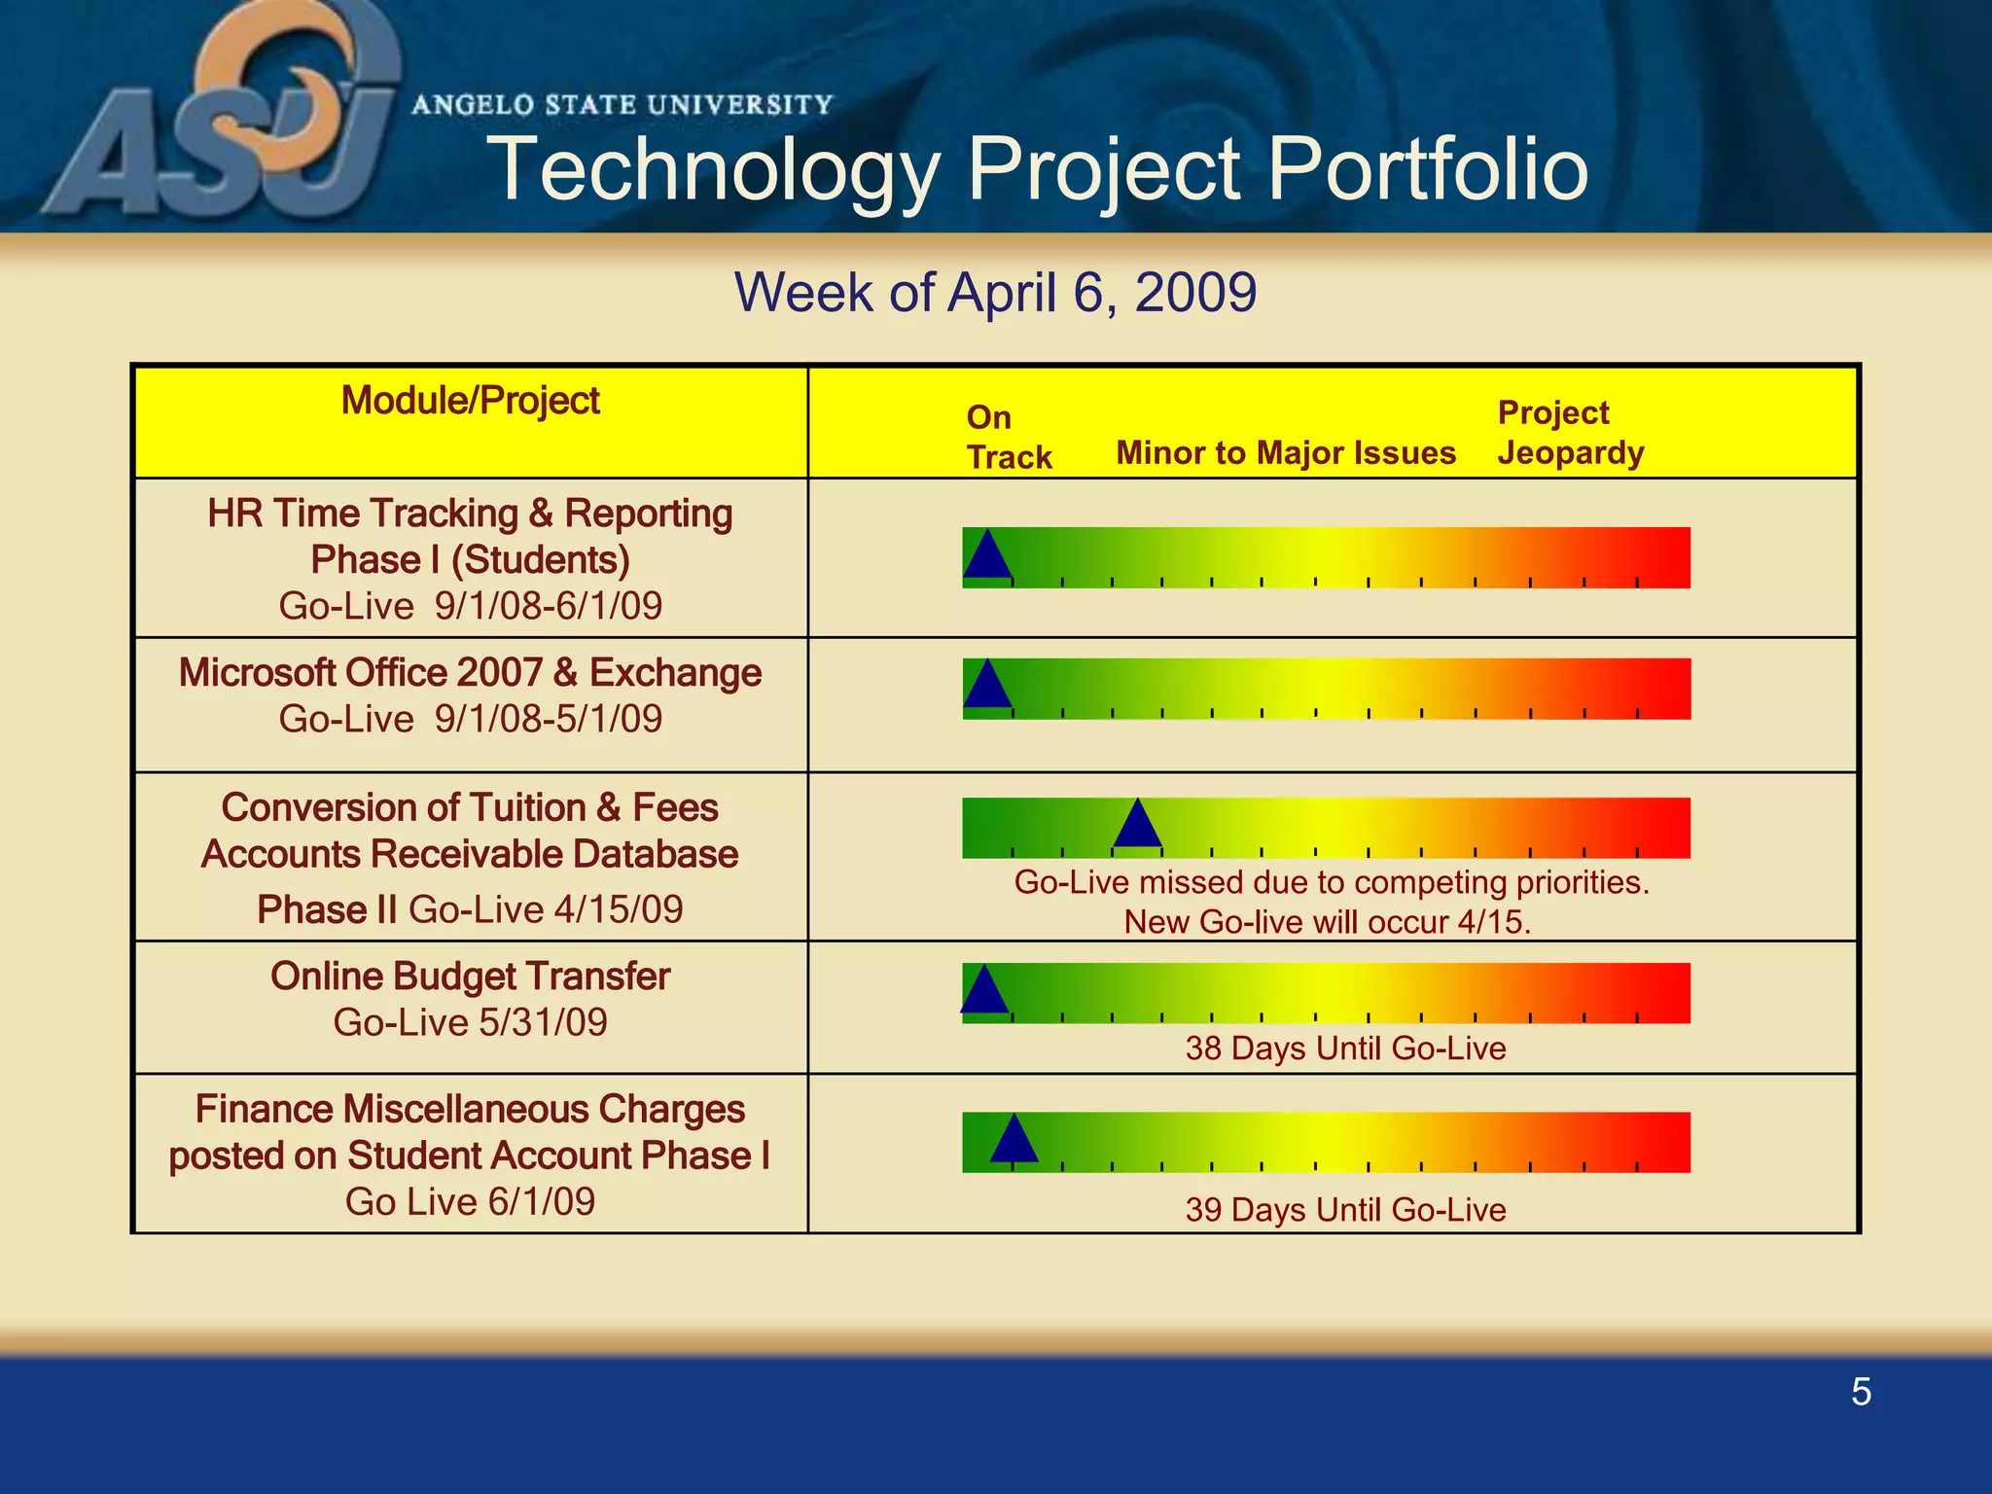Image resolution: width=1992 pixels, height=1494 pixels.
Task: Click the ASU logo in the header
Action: (224, 117)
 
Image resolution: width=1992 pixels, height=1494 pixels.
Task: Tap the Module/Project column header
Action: (470, 401)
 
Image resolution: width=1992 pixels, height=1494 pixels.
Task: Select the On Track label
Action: (1008, 437)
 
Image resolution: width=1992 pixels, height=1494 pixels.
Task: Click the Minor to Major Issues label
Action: (1285, 453)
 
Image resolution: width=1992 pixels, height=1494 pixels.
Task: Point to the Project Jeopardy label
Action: (1570, 433)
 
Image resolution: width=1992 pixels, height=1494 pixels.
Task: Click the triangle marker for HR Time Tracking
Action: (987, 557)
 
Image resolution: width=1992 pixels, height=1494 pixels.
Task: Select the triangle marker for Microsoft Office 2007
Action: (987, 687)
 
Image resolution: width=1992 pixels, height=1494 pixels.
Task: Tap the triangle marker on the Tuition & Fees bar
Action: (1137, 826)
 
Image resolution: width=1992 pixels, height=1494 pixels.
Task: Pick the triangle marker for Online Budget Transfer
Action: (984, 992)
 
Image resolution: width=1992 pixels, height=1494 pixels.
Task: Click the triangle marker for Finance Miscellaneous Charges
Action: (1014, 1141)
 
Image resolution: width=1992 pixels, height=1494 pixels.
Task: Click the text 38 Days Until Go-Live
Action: (1345, 1049)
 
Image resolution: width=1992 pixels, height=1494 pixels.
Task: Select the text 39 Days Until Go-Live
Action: (1345, 1210)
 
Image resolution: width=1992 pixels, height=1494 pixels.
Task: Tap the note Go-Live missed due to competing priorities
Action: (1331, 883)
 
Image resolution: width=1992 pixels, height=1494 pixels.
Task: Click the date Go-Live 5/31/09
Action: (470, 1022)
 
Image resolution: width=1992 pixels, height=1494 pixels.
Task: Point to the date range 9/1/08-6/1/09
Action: (549, 606)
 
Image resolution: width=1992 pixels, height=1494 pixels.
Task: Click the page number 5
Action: (1861, 1392)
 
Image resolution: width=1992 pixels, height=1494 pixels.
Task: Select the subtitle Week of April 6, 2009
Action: (995, 292)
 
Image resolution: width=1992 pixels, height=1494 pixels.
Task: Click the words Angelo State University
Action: (622, 105)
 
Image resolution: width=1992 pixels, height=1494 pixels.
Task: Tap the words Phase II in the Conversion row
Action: (327, 909)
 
